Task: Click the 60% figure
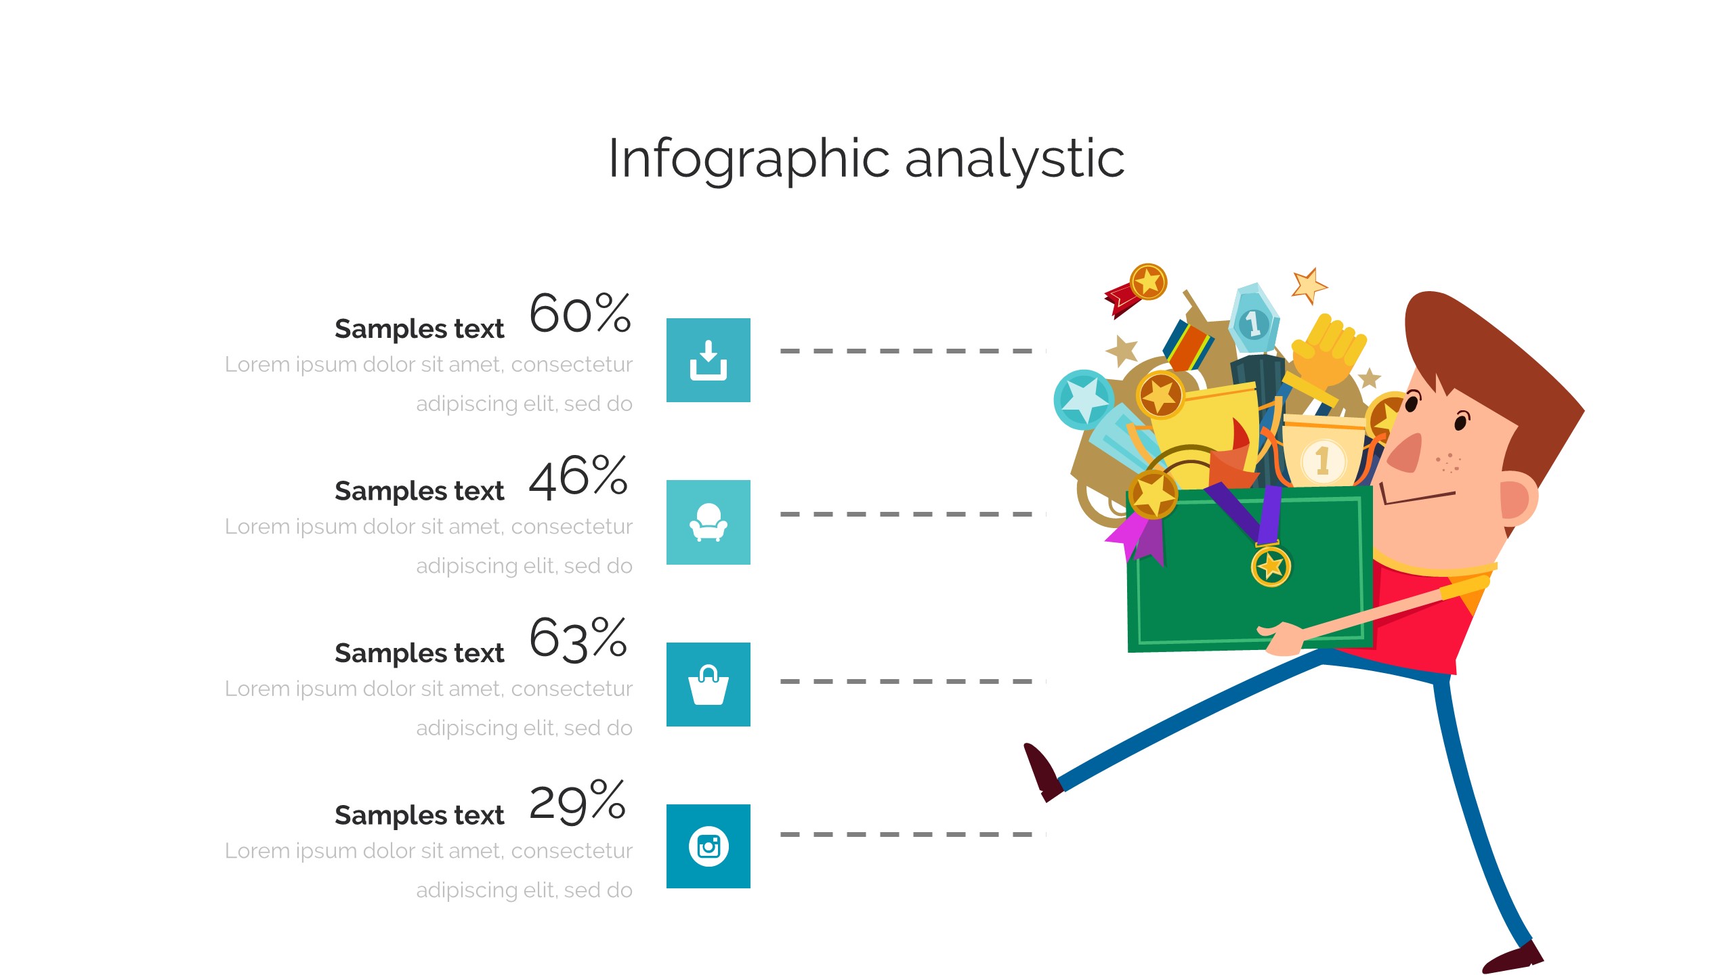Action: [x=580, y=313]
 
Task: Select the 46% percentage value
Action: [x=578, y=477]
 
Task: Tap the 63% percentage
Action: [x=578, y=638]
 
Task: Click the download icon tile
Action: [x=708, y=360]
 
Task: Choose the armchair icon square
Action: [x=708, y=522]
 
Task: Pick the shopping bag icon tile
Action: [x=708, y=685]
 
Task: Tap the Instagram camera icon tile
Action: [x=708, y=846]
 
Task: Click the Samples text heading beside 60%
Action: [x=419, y=330]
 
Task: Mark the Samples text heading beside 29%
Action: [x=419, y=816]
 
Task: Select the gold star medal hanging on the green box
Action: [x=1271, y=566]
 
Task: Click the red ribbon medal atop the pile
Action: [x=1136, y=289]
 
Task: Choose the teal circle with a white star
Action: [x=1082, y=399]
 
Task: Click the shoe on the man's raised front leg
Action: [x=1042, y=772]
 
